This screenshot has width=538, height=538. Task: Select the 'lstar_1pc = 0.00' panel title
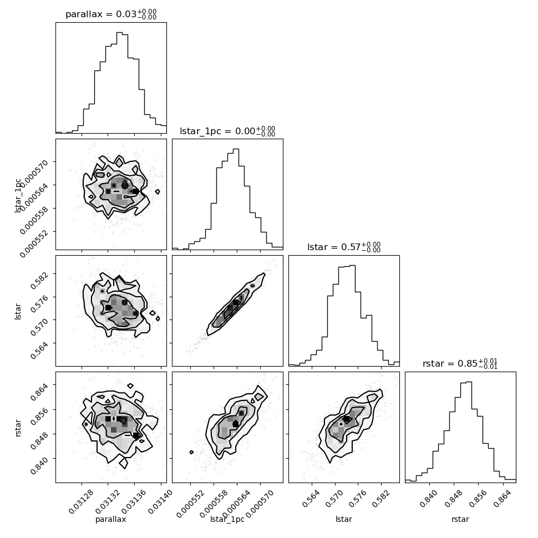pos(217,131)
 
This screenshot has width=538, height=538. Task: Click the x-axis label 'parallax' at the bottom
pos(110,519)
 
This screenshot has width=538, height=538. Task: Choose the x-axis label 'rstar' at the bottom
pos(460,519)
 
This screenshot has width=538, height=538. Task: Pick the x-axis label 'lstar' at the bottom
pos(344,519)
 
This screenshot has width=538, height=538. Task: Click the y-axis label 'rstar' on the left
pos(18,428)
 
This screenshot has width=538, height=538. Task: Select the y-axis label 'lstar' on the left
pos(18,312)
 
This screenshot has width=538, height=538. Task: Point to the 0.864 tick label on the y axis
pos(39,392)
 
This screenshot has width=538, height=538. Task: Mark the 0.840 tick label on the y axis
pos(39,465)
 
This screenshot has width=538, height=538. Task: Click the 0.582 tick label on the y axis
pos(39,281)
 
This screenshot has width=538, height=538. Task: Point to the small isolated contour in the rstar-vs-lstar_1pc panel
pos(191,452)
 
